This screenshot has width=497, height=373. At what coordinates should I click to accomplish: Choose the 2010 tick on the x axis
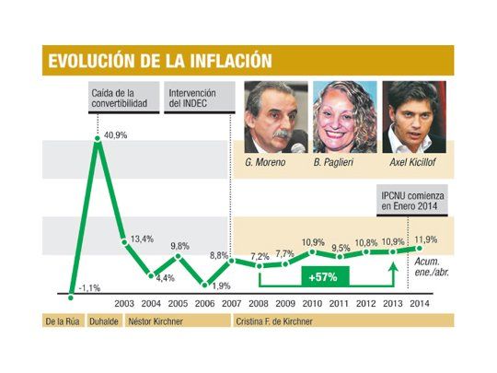click(313, 303)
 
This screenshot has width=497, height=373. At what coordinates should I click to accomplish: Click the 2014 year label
click(421, 303)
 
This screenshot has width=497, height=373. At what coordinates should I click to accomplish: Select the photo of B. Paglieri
click(344, 117)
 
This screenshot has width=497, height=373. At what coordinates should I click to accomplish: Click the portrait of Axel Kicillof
click(413, 117)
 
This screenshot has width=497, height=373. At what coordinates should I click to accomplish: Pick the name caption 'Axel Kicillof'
click(412, 162)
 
